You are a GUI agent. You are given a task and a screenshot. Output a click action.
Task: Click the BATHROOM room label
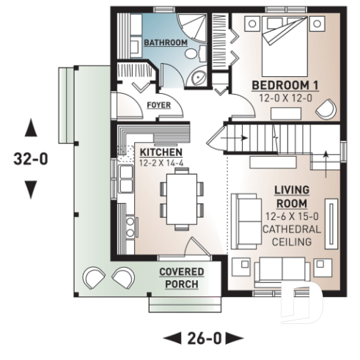[165, 43]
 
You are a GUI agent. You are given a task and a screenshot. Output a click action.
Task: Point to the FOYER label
[159, 104]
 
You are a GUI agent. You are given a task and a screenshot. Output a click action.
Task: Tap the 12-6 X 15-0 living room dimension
[292, 216]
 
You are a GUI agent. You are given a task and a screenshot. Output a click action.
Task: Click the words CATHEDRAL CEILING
[292, 236]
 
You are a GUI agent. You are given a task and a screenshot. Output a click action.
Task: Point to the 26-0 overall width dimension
[202, 338]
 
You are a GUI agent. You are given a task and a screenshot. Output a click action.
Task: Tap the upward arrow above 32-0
[30, 129]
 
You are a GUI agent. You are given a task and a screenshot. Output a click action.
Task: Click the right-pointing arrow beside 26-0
[234, 338]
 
